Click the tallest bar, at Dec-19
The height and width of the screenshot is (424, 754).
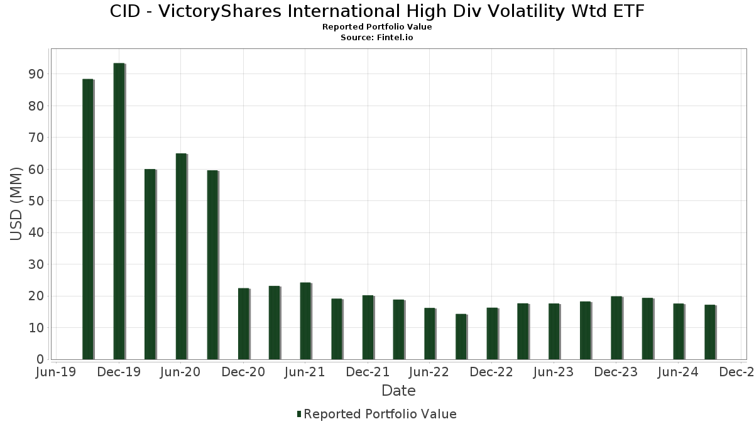tap(119, 211)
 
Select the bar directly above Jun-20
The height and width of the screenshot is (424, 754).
tap(181, 256)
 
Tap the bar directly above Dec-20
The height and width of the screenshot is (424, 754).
tap(243, 323)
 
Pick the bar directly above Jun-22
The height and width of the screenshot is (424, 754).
tap(430, 334)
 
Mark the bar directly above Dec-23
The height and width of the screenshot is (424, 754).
tap(616, 328)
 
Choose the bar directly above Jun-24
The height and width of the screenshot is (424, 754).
tap(679, 332)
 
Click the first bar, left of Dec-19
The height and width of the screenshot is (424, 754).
tap(87, 219)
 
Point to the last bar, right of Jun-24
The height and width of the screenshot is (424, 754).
tap(710, 332)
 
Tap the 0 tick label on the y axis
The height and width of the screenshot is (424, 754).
tap(40, 359)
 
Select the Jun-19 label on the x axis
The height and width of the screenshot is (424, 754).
tap(57, 372)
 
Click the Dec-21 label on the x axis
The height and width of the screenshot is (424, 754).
tap(368, 372)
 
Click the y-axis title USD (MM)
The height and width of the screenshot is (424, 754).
tap(16, 204)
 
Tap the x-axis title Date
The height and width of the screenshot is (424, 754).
tap(398, 391)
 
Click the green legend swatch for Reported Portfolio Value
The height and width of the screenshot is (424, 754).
tap(299, 414)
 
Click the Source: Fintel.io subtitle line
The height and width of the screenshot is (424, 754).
tap(377, 37)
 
